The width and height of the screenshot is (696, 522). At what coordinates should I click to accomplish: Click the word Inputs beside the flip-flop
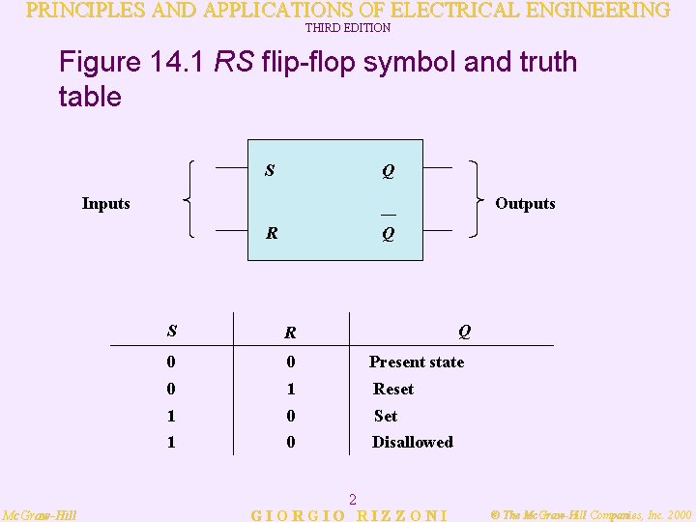tap(106, 203)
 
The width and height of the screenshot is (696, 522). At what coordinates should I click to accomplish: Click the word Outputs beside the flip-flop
tap(525, 203)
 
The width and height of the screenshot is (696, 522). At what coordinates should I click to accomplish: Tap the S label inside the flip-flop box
tap(270, 171)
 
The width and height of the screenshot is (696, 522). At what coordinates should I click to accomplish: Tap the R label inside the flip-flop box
tap(273, 233)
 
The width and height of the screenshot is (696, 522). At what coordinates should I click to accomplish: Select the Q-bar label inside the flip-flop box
tap(388, 232)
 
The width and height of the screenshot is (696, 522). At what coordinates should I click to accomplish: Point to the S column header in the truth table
tap(171, 331)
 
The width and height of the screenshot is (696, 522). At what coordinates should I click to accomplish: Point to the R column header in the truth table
tap(289, 333)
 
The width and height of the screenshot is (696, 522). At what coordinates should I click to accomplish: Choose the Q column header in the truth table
tap(464, 331)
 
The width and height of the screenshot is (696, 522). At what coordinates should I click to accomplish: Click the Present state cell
tap(417, 362)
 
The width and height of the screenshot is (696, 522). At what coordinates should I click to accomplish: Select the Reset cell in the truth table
tap(393, 389)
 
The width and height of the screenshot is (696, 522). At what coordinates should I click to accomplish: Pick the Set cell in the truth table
tap(386, 416)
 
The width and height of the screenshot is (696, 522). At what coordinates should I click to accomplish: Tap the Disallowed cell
tap(413, 442)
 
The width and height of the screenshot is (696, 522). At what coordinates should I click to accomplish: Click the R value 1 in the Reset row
tap(290, 389)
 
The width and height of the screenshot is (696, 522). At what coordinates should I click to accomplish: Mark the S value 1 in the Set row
tap(171, 416)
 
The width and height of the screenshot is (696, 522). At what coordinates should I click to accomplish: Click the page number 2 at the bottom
tap(353, 500)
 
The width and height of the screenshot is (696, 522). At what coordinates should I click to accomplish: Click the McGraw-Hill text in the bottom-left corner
tap(40, 515)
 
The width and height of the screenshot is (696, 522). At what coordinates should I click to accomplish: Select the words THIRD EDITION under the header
tap(348, 28)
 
